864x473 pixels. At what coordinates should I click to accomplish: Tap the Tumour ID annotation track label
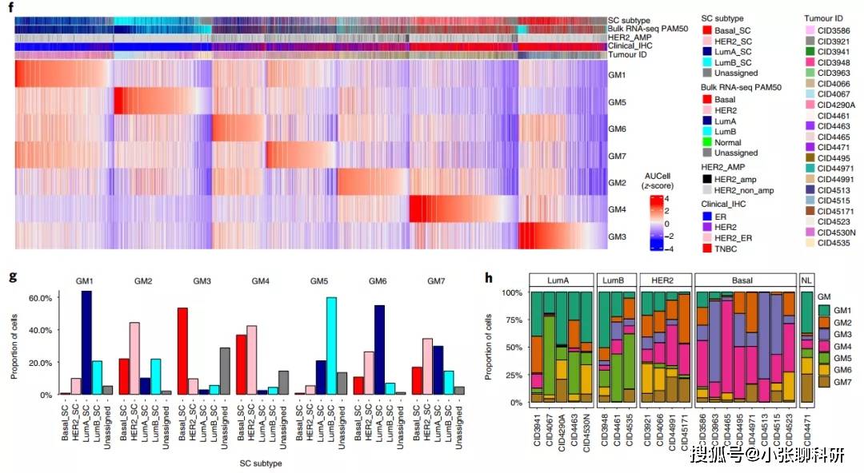click(x=630, y=56)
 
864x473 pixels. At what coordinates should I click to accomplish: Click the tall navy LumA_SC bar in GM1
click(x=86, y=343)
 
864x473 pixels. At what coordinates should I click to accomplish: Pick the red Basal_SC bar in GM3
click(x=182, y=351)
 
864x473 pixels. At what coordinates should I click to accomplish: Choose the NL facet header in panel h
click(x=809, y=280)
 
